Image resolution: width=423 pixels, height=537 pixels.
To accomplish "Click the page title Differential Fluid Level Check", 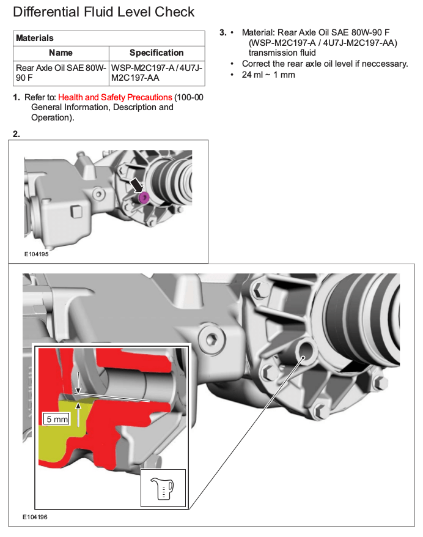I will (104, 12).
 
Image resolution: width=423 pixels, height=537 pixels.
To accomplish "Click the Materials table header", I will (35, 38).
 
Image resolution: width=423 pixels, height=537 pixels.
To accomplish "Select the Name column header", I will (61, 53).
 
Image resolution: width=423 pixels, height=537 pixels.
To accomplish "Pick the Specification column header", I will (156, 53).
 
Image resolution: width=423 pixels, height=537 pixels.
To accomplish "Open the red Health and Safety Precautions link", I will (115, 97).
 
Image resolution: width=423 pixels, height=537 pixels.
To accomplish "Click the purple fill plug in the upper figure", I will (143, 197).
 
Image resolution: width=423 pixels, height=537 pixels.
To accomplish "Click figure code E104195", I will (36, 254).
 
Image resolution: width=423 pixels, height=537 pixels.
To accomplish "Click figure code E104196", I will (36, 517).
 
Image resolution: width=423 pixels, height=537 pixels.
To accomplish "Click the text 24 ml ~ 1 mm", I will (268, 75).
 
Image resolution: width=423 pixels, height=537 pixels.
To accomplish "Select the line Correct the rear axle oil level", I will (325, 64).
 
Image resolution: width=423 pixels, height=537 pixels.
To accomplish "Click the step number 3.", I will (223, 32).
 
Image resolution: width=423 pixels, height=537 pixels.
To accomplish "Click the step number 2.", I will (17, 133).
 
